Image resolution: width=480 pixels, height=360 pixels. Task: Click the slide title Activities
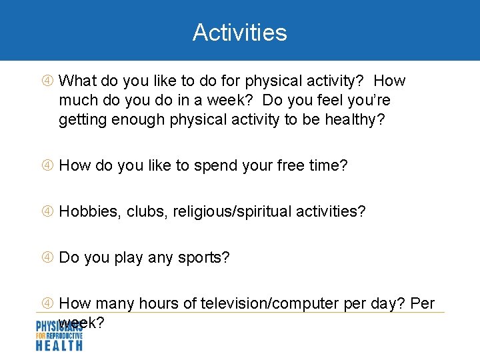239,32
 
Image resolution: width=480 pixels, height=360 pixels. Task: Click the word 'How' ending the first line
389,81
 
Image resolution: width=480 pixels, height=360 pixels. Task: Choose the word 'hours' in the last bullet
158,304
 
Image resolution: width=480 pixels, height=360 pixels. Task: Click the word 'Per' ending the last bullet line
423,304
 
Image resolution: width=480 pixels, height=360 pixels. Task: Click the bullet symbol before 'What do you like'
47,81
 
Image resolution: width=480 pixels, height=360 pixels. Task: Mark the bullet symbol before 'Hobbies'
47,212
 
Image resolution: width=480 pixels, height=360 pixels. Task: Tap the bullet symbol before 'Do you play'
47,258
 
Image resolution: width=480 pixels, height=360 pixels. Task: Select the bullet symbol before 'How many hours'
47,304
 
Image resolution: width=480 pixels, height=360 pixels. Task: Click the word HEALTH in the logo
59,345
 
